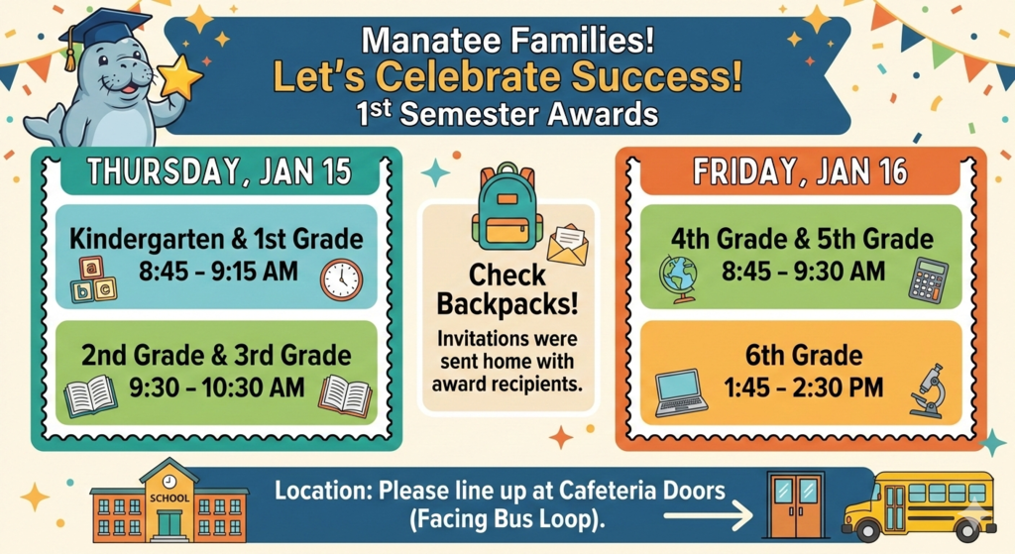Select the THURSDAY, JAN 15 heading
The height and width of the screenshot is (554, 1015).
(218, 171)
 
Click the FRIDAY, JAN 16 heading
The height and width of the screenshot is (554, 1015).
(800, 171)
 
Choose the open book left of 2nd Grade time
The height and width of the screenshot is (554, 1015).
(90, 396)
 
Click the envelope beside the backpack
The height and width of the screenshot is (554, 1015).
(567, 245)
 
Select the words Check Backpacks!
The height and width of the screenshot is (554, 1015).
(507, 288)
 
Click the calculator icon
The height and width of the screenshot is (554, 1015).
(929, 279)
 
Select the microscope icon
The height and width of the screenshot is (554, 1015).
(929, 390)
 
